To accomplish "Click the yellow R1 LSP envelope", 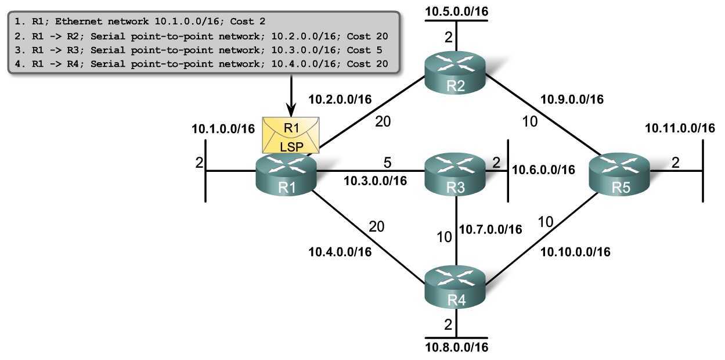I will [291, 135].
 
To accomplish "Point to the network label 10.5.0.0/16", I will [456, 10].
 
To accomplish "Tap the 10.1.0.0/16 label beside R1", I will [223, 129].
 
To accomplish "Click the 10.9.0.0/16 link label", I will [572, 99].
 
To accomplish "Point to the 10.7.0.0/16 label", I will [490, 229].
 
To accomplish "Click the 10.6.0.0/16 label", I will [543, 170].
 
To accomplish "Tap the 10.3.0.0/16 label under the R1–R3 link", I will [375, 181].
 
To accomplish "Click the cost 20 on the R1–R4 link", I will [377, 226].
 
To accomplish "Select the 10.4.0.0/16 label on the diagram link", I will [340, 251].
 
